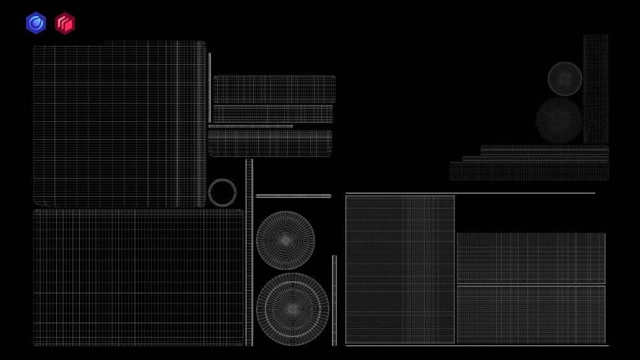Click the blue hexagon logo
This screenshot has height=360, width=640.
[36, 23]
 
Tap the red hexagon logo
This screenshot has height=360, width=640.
[64, 24]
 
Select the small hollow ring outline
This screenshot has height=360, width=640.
[222, 192]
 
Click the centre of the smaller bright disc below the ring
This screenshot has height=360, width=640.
[285, 240]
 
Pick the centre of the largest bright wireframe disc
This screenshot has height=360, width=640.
[292, 308]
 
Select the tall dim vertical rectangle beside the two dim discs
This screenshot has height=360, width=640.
[595, 88]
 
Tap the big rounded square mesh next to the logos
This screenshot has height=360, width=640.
[119, 124]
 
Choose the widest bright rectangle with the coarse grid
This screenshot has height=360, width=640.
[138, 277]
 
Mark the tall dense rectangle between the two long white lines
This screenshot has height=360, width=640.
[400, 270]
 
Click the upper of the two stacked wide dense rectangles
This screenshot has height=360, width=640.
[530, 258]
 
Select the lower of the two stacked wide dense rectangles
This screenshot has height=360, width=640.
[530, 315]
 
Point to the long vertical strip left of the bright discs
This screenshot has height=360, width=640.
[249, 252]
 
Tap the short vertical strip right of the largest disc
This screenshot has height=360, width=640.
[334, 299]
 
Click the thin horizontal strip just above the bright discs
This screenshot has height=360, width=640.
[294, 196]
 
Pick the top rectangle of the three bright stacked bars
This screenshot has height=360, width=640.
[274, 89]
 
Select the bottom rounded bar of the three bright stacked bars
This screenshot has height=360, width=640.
[270, 143]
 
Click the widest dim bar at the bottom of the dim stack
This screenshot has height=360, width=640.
[529, 171]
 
